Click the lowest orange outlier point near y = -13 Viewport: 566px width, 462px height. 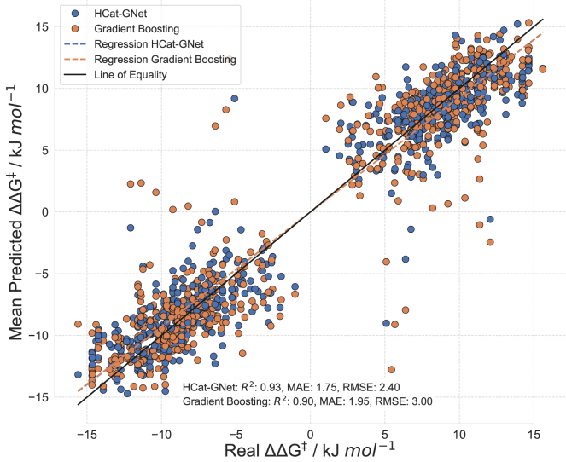tap(391, 369)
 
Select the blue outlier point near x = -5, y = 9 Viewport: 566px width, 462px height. tap(234, 99)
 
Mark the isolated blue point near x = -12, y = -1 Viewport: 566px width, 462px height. tap(130, 228)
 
